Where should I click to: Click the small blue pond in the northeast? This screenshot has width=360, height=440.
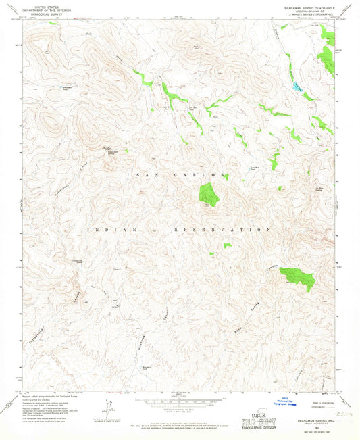296,87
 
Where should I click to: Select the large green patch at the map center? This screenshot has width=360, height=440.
209,194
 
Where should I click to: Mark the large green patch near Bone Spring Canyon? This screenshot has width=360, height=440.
298,276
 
